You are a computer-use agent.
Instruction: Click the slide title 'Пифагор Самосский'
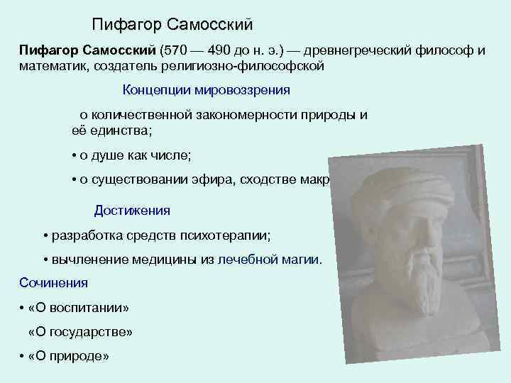[x=172, y=25]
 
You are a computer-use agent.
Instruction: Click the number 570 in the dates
[x=175, y=51]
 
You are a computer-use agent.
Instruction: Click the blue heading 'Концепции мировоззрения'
[x=207, y=90]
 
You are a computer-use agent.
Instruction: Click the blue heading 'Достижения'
[x=132, y=211]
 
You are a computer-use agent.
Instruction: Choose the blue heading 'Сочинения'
[x=54, y=283]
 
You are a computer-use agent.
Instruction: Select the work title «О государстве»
[x=80, y=332]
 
